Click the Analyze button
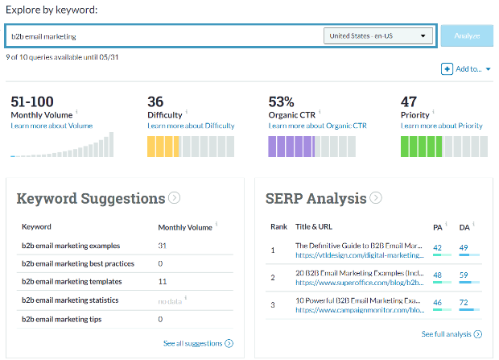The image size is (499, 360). (x=466, y=35)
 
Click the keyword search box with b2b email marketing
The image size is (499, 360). (x=161, y=36)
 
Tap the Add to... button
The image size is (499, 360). (x=466, y=69)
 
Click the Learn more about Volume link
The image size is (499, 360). (x=52, y=126)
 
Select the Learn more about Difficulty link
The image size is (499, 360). (x=191, y=126)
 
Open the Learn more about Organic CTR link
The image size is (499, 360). (x=316, y=126)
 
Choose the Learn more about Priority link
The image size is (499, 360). (x=441, y=126)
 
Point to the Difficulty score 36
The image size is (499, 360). (x=156, y=101)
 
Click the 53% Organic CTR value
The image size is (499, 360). (x=281, y=101)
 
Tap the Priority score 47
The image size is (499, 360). (x=408, y=101)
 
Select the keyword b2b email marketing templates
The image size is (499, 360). (x=72, y=282)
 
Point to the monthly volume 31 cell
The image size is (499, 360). (x=162, y=246)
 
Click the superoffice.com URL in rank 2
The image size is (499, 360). (x=360, y=283)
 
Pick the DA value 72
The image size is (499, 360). (x=464, y=302)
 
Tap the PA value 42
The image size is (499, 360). (x=438, y=247)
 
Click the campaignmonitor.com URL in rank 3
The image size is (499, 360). (x=360, y=311)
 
